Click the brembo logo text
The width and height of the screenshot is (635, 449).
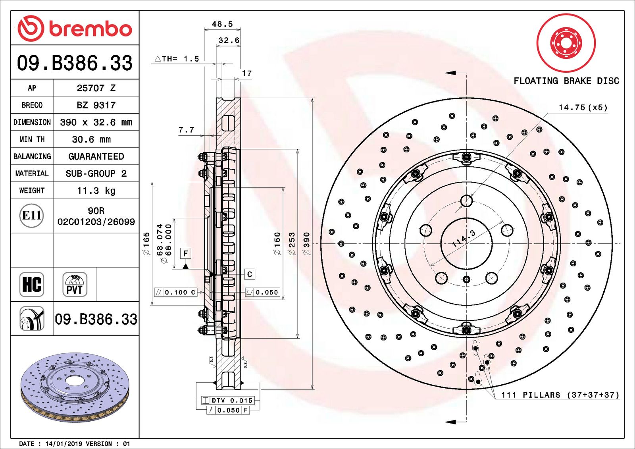90,29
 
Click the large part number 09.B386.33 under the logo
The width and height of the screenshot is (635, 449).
75,63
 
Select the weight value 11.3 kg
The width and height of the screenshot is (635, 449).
96,191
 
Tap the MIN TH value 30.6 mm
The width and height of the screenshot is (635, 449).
91,139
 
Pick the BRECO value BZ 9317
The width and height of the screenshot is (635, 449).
96,105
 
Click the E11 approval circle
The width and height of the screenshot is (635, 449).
31,216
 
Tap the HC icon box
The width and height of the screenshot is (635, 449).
32,285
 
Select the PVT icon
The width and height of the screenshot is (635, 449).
75,285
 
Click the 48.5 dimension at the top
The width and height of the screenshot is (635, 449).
222,24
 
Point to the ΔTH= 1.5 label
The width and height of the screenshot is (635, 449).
177,59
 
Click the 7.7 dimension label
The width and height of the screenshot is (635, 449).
186,130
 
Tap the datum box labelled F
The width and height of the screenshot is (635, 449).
185,253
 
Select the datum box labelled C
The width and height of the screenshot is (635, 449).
250,274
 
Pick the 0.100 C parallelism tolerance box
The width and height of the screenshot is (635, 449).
175,293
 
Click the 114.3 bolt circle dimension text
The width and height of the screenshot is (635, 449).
464,239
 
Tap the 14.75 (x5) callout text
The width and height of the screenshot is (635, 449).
583,107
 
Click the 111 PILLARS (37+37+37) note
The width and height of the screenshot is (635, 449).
560,395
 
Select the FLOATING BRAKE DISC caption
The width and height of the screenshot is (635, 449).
566,81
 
